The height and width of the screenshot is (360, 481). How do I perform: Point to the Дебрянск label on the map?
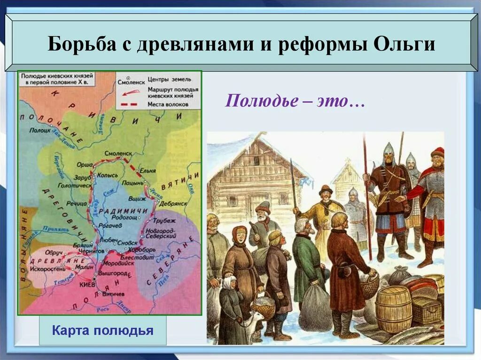coord(171,204)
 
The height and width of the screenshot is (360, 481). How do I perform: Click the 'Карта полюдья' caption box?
coord(102,330)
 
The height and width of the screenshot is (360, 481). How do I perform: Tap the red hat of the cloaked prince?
coord(437,152)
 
